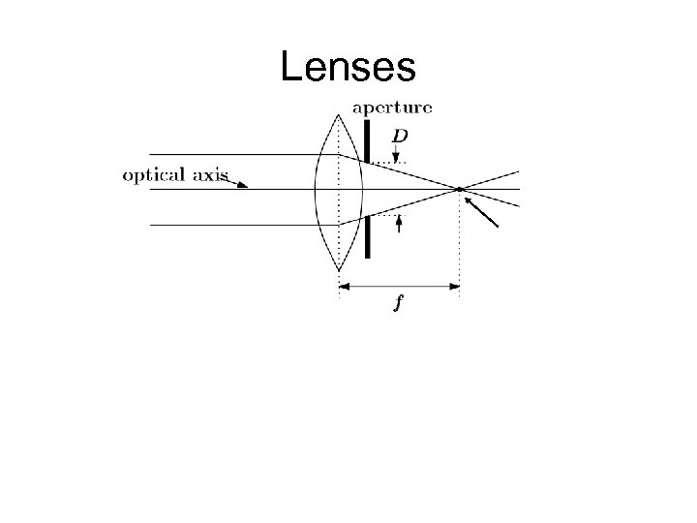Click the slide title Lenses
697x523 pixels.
click(348, 67)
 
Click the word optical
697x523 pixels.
click(151, 176)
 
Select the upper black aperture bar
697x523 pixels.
click(368, 139)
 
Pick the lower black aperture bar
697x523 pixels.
click(368, 237)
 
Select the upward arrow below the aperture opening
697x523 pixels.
click(398, 224)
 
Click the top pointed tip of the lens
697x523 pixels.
click(339, 114)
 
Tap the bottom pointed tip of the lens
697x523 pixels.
click(339, 269)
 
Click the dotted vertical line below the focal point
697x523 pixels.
click(459, 242)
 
